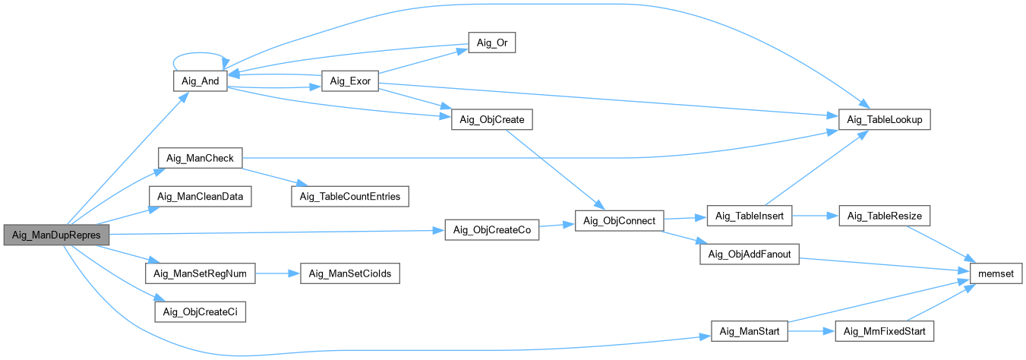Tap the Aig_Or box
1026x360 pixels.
tap(491, 43)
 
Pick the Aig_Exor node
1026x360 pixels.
tap(350, 81)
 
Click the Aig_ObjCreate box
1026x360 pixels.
tap(492, 120)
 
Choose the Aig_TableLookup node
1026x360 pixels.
tap(883, 120)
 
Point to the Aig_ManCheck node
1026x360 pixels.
tap(200, 158)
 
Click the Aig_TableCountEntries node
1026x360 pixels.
tap(350, 197)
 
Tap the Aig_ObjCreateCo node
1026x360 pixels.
tap(491, 230)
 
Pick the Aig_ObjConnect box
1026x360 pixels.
tap(620, 221)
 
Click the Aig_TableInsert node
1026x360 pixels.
tap(750, 216)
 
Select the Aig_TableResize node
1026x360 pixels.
tap(883, 216)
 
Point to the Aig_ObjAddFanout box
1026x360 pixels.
tap(750, 254)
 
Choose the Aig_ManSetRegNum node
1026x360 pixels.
tap(200, 273)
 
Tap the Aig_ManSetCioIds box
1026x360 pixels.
tap(350, 273)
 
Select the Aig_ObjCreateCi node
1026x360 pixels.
tap(200, 311)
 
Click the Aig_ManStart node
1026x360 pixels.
tap(750, 331)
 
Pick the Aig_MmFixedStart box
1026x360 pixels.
tap(883, 331)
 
